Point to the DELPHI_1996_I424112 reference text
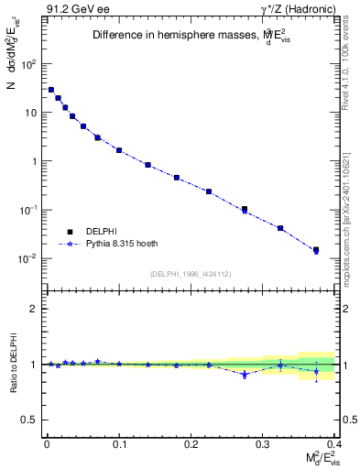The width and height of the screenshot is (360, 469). pos(190,273)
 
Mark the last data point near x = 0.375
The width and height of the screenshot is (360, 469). pos(316,249)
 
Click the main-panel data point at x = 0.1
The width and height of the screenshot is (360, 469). pos(119,150)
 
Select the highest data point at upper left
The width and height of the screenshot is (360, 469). pos(51,90)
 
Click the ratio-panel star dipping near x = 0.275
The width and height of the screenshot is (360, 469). pos(245,375)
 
